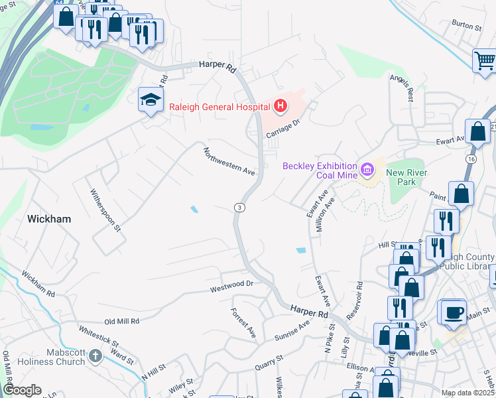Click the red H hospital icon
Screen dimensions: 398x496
(280, 106)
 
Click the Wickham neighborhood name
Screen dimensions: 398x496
(49, 218)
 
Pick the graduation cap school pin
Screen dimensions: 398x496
(151, 101)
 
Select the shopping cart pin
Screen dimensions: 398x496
(485, 61)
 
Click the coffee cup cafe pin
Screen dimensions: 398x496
(454, 312)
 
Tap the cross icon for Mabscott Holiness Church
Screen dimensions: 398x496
(95, 357)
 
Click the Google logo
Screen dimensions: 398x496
(22, 389)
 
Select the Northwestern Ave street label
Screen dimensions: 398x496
(229, 161)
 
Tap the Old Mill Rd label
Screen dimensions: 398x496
(117, 321)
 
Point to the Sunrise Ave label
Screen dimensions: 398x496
(292, 331)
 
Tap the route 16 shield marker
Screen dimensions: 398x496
(489, 160)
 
